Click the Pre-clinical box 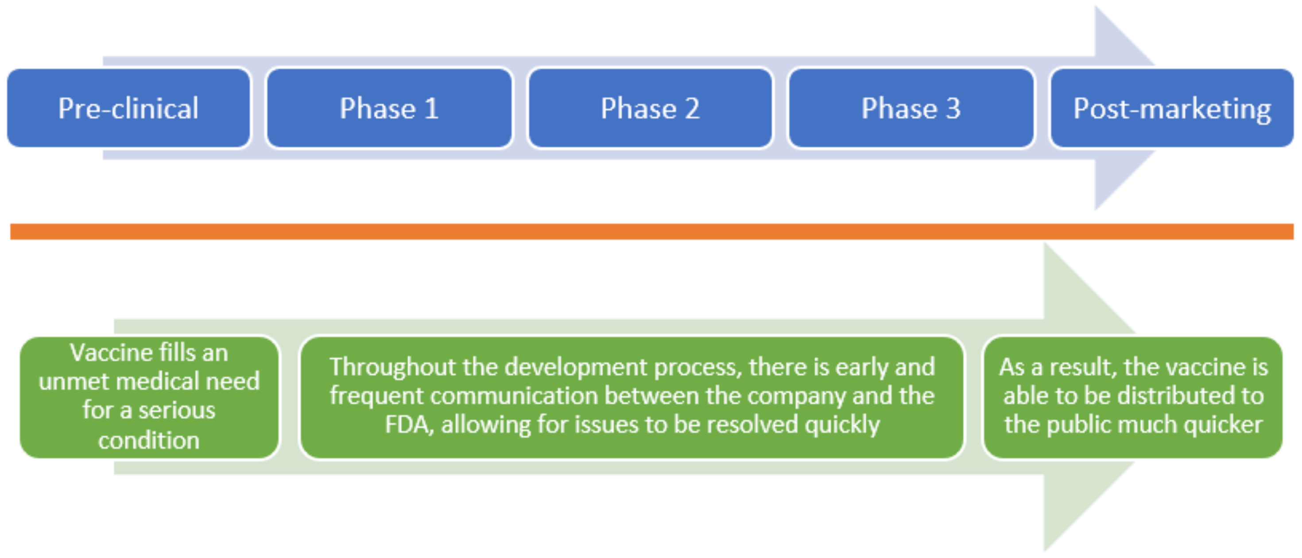coord(129,108)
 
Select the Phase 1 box coord(389,108)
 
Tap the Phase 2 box coord(651,108)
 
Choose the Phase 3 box coord(911,108)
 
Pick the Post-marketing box coord(1172,108)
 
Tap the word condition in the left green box coord(149,441)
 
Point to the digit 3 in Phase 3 coord(953,108)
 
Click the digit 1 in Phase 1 coord(431,108)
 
